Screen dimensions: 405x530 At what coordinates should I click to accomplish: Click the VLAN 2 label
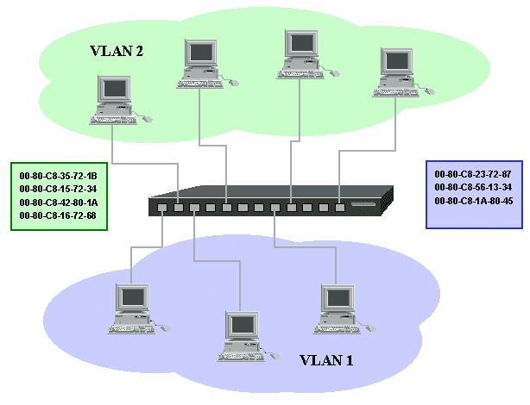(x=117, y=51)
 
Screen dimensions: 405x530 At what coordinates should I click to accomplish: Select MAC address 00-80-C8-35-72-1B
(x=58, y=176)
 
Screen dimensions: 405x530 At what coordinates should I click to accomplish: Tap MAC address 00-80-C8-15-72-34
(x=58, y=189)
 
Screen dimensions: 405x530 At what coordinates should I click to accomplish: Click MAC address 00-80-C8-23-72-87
(x=473, y=174)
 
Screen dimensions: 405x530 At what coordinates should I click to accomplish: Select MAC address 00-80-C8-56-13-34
(x=473, y=187)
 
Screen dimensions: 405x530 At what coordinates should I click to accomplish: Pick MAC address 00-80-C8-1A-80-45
(x=473, y=200)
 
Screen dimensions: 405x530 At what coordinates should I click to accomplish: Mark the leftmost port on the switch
(x=161, y=208)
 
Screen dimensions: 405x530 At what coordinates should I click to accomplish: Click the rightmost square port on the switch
(x=340, y=207)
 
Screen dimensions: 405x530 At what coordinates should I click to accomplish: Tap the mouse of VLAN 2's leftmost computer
(x=147, y=118)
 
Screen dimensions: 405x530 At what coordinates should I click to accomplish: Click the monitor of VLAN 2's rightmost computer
(x=395, y=61)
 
